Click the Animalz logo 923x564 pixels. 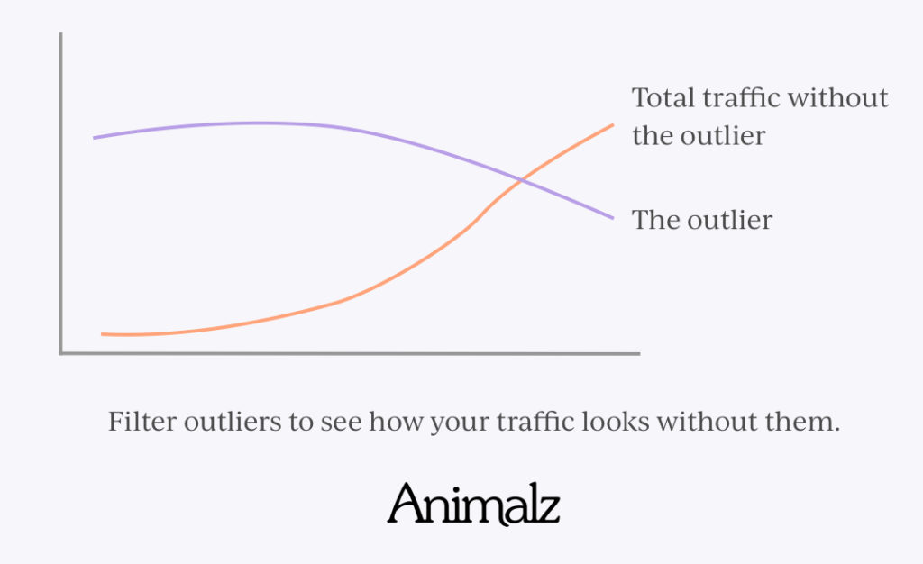(473, 504)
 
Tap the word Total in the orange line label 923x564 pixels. (663, 97)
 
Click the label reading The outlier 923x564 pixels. (701, 220)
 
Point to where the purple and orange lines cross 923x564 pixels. (521, 179)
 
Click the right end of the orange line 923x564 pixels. (613, 124)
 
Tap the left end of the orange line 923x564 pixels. (102, 334)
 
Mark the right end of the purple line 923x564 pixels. (613, 218)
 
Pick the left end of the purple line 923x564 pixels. (94, 138)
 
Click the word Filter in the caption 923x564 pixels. (142, 421)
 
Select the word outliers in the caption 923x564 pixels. (233, 422)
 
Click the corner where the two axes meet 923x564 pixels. (60, 353)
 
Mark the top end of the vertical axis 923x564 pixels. (60, 33)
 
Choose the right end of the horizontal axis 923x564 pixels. (639, 353)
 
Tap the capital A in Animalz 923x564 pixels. (407, 504)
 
